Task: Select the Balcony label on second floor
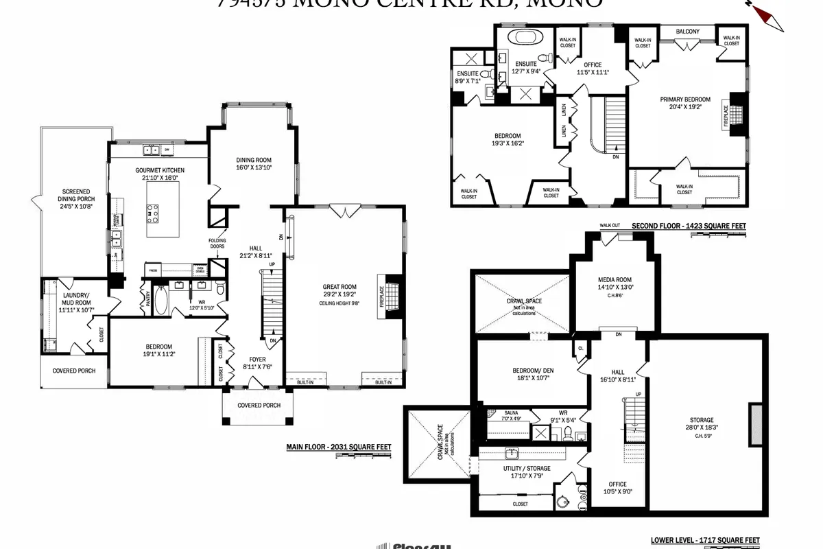tap(687, 32)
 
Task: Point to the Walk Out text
tap(609, 225)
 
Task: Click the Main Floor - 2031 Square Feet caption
tap(338, 447)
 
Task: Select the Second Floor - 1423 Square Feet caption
tap(689, 225)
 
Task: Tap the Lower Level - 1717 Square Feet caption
tap(704, 540)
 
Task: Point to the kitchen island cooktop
tap(152, 214)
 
